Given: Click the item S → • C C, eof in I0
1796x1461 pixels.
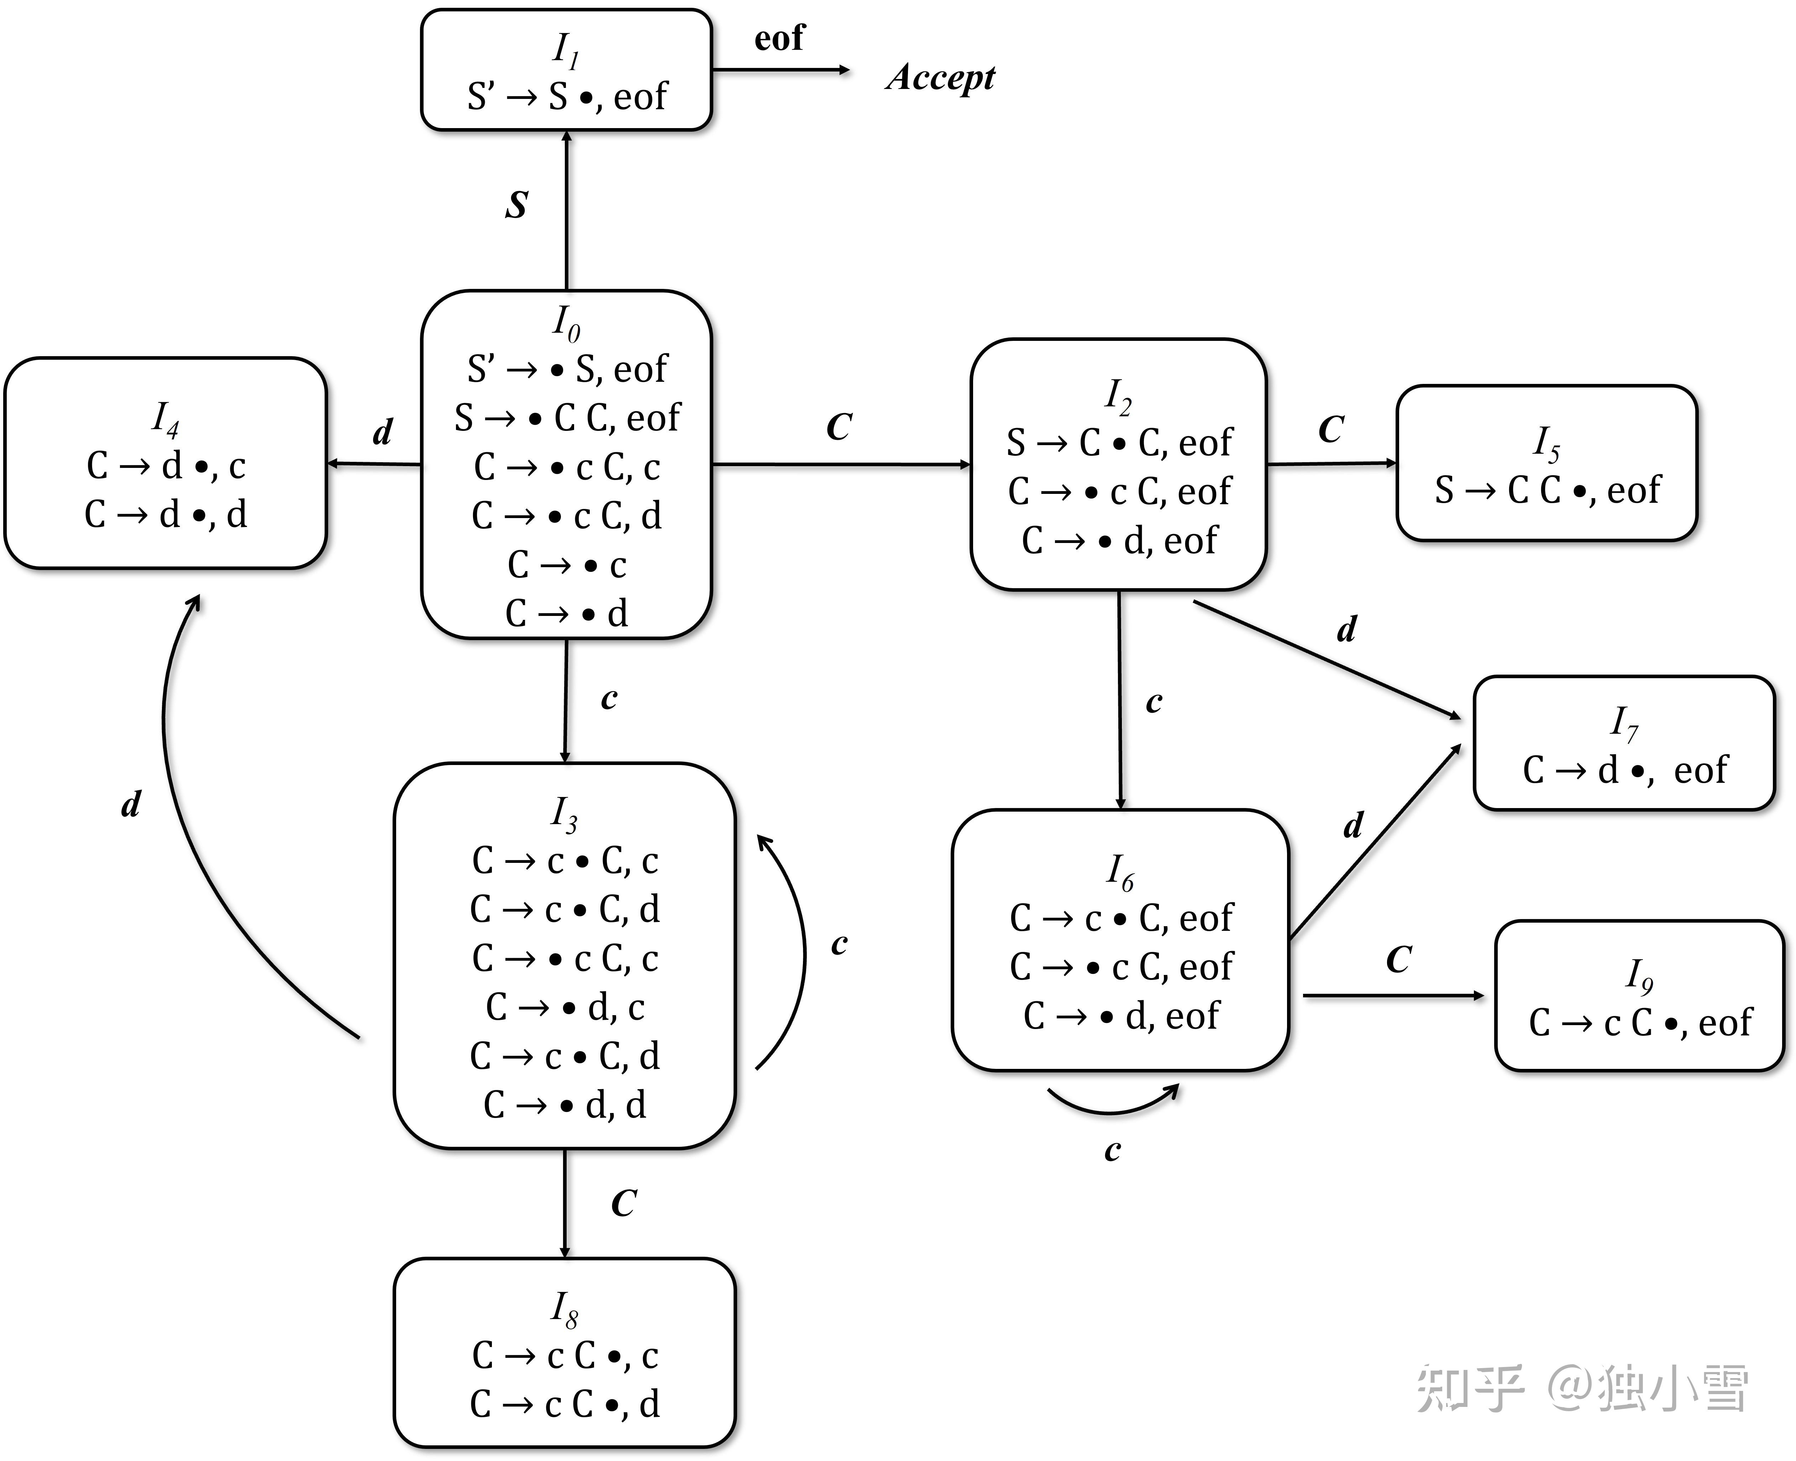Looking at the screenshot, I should click(x=566, y=417).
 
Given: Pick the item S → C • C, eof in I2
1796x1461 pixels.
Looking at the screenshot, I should click(x=1119, y=443).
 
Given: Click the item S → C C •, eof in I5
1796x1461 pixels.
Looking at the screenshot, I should click(x=1547, y=490).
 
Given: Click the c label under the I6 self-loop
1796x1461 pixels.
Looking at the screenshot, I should click(x=1113, y=1150).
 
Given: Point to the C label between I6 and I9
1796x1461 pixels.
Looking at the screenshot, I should click(x=1399, y=959).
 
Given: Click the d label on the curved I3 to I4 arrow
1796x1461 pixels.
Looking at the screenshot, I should click(x=131, y=805).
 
